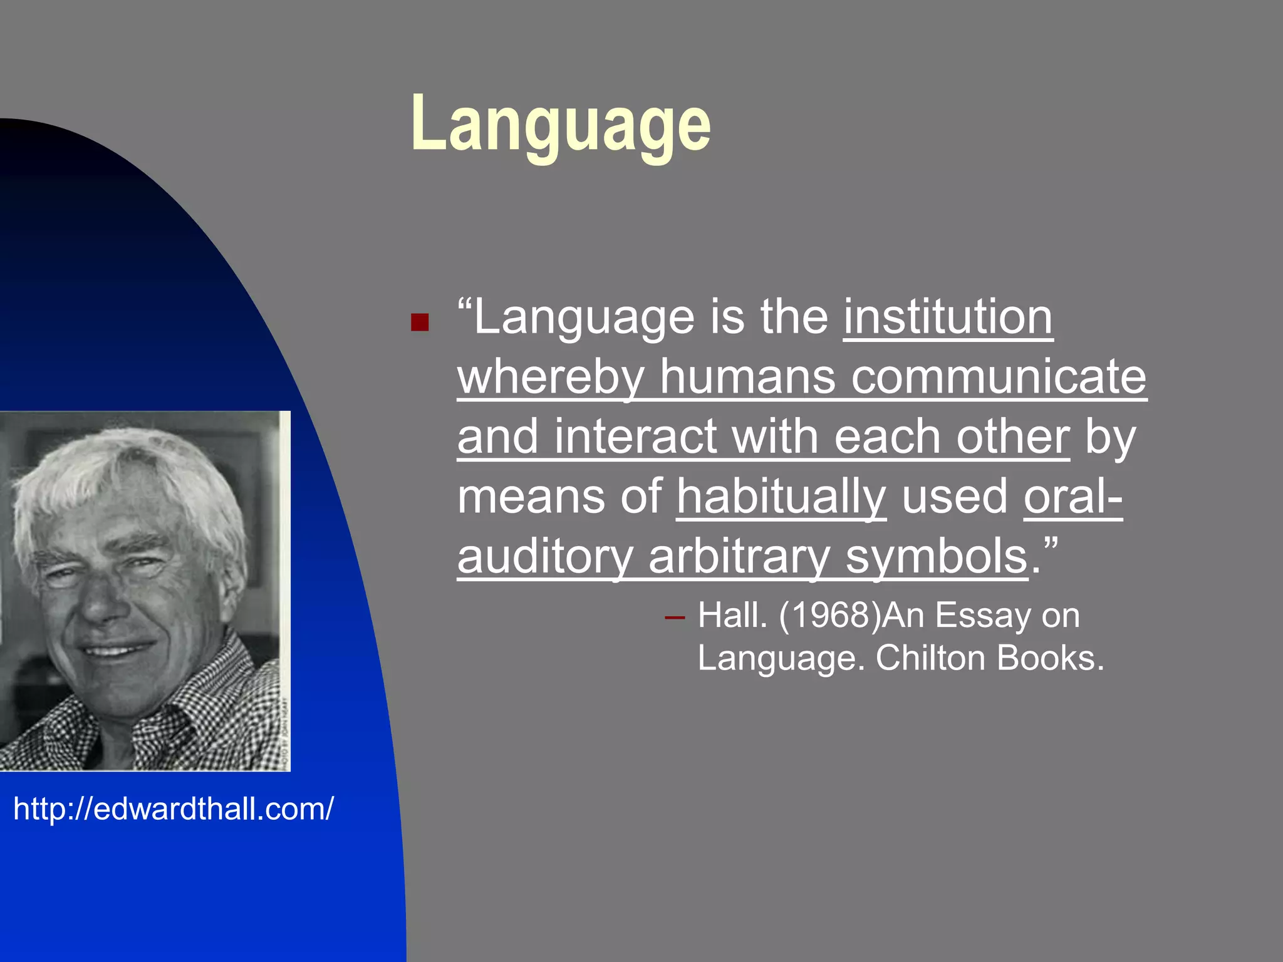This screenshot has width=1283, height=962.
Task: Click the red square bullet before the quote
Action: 419,322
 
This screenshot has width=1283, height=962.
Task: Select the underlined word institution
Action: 948,318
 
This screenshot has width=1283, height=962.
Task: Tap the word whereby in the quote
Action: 551,378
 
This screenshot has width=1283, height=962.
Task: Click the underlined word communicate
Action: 999,378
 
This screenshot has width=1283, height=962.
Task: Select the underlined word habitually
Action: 781,497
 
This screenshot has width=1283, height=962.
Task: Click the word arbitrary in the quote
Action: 739,557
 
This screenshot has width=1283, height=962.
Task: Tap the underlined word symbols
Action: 937,557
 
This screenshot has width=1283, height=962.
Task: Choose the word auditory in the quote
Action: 545,557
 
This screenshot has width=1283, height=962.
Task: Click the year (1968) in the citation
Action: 830,615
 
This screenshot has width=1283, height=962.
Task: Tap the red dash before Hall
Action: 675,618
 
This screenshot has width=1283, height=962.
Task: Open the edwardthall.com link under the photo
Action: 174,809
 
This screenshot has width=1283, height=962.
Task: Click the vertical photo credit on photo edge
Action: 285,733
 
